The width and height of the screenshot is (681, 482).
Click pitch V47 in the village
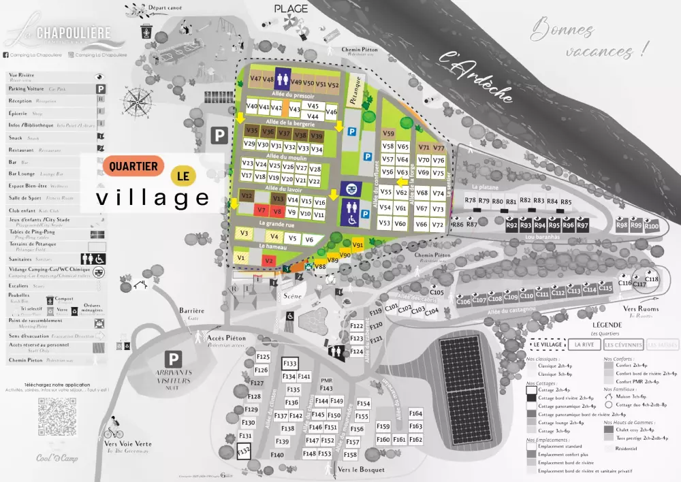tap(256, 79)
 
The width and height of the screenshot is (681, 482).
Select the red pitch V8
tap(276, 212)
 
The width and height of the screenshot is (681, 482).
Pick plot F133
tap(290, 364)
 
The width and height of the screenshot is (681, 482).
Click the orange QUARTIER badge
tap(133, 165)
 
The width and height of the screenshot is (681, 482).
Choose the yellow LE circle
tap(182, 176)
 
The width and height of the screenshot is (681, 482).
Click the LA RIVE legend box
tap(584, 345)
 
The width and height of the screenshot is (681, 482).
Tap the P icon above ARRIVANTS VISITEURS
tap(175, 359)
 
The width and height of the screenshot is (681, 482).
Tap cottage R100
tap(652, 225)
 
